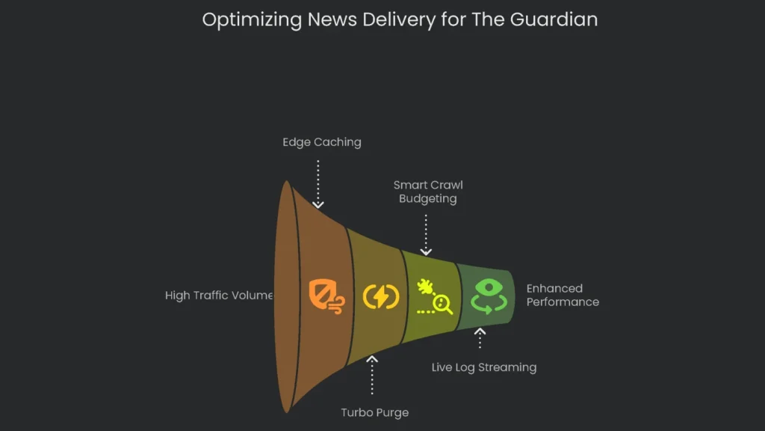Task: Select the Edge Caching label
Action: click(x=321, y=142)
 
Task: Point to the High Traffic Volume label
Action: click(x=219, y=296)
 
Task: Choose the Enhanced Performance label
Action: click(x=562, y=295)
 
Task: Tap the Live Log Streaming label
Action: click(x=484, y=367)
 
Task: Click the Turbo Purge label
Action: click(x=374, y=412)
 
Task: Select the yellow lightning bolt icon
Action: click(x=381, y=296)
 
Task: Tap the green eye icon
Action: click(x=489, y=296)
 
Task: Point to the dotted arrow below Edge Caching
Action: click(x=318, y=184)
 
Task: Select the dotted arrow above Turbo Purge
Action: click(x=372, y=374)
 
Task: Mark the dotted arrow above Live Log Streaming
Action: click(x=480, y=338)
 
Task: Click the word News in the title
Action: click(x=333, y=20)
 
